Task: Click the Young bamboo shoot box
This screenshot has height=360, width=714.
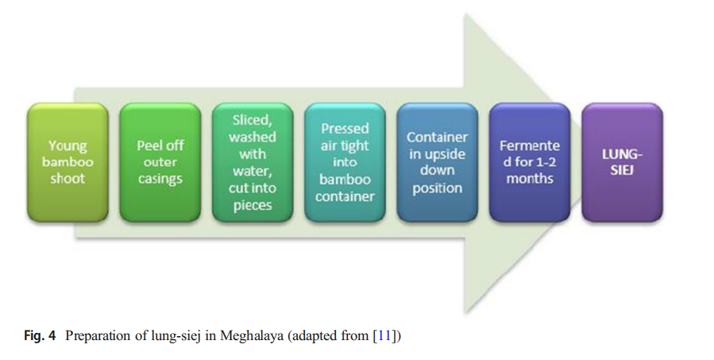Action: click(68, 162)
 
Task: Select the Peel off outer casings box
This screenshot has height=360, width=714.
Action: click(160, 162)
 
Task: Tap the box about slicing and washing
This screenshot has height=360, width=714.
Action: click(253, 162)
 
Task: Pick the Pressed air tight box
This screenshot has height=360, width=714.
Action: click(345, 162)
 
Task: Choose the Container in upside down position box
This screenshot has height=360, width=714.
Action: click(437, 162)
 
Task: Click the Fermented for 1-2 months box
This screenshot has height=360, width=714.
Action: click(530, 162)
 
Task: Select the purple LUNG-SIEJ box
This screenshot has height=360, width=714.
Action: click(622, 162)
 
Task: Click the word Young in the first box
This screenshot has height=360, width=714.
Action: click(68, 146)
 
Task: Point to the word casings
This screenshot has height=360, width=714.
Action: click(160, 179)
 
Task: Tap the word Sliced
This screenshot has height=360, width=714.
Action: click(251, 120)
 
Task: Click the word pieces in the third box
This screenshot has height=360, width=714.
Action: click(253, 205)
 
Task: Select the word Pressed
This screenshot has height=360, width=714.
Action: click(345, 129)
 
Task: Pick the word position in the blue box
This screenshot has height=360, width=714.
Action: click(437, 188)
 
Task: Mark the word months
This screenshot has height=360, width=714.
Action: click(530, 178)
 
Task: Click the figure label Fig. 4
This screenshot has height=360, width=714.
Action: click(40, 336)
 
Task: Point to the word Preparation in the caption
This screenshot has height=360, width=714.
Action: click(98, 337)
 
